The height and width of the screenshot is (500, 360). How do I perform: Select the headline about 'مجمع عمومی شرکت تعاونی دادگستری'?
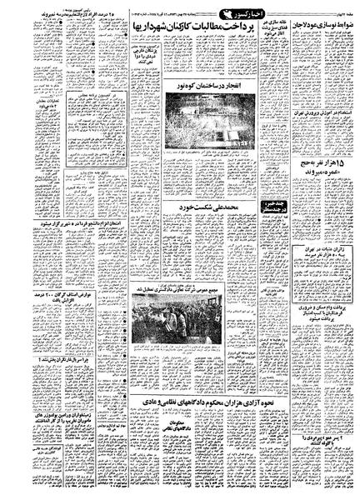tap(180, 261)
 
